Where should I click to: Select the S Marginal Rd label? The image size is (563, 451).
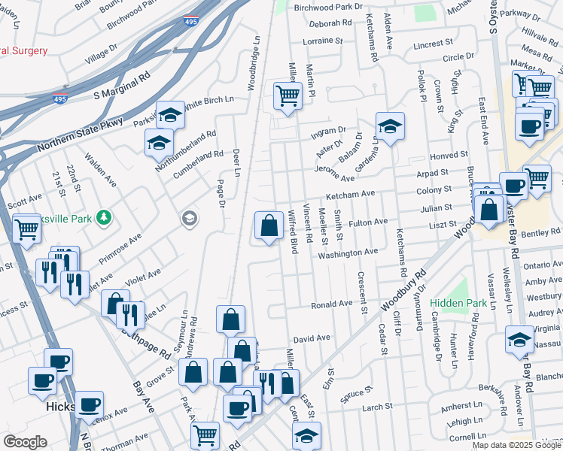[x=122, y=86]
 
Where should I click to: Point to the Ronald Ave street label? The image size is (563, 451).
[x=332, y=304]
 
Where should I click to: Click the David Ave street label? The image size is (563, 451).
[x=312, y=339]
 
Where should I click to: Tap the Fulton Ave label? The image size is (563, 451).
[x=367, y=222]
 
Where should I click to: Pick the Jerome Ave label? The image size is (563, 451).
[x=335, y=177]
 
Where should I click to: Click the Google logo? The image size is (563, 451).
[x=25, y=442]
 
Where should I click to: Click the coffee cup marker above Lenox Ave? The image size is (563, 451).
[x=89, y=404]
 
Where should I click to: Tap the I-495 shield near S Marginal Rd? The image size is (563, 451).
[x=60, y=98]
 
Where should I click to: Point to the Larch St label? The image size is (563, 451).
[x=373, y=407]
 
